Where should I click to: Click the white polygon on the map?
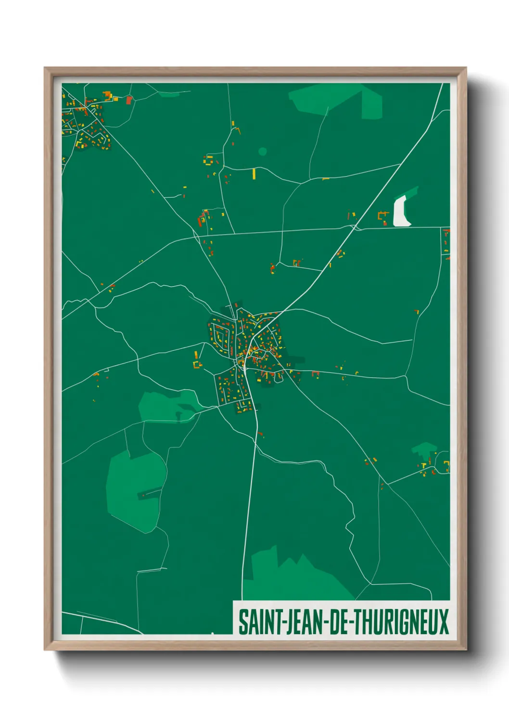tap(401, 212)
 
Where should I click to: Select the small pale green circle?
tap(262, 151)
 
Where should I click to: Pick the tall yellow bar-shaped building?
tap(254, 173)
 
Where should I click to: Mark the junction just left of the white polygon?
tap(355, 227)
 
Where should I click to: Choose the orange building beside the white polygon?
tap(383, 216)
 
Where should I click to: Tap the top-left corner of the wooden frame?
tap(45, 68)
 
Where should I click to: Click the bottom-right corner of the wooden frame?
tap(465, 649)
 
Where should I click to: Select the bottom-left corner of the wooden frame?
tap(45, 649)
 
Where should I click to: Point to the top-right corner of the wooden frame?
tap(465, 68)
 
